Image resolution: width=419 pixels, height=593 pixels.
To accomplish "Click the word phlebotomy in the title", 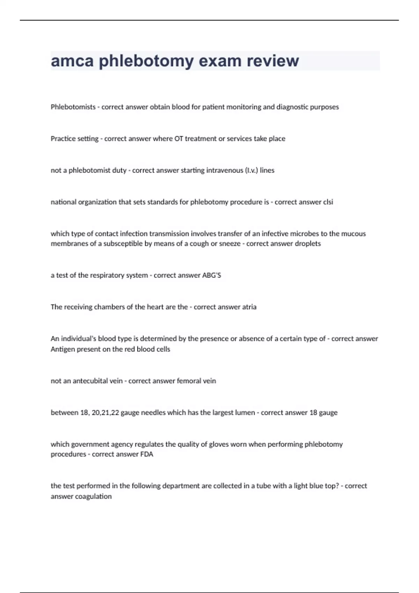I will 146,61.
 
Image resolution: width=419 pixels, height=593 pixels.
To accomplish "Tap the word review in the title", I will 273,61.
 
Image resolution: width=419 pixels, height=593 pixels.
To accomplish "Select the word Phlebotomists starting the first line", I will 73,107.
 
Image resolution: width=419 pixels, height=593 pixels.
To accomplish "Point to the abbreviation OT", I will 178,139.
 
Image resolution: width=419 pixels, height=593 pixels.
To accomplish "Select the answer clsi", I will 328,202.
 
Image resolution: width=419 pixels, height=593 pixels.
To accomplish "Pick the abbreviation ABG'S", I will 212,275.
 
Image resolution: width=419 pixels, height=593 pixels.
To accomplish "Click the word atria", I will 249,307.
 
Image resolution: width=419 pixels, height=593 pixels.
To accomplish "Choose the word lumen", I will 245,413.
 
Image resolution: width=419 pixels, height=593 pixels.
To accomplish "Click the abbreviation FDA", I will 147,454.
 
